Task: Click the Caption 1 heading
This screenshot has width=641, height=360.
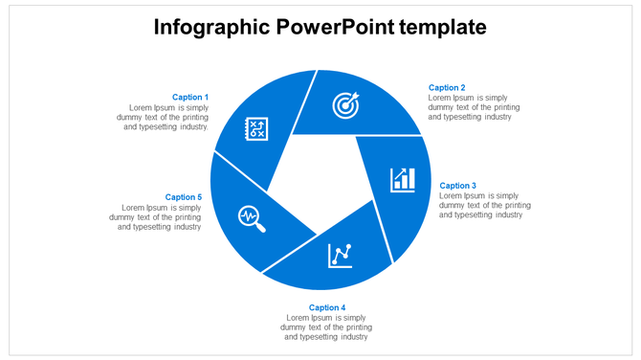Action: [x=189, y=97]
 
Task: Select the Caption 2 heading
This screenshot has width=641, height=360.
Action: [x=447, y=88]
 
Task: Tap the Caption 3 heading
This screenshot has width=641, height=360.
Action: [x=457, y=186]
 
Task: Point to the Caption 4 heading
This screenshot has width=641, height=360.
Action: [x=327, y=307]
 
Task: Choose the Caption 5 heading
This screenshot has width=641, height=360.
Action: [x=184, y=197]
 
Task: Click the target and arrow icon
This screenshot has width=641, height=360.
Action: [x=346, y=104]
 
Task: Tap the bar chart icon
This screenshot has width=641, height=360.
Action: [x=403, y=179]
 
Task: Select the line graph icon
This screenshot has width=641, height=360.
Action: [x=341, y=255]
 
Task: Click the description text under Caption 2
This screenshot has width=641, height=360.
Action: [x=474, y=107]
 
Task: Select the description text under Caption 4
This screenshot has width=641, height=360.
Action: [x=327, y=327]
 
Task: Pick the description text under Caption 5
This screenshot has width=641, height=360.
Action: [x=156, y=217]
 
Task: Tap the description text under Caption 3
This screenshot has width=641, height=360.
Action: [x=485, y=205]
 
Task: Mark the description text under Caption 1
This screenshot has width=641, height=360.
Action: [x=167, y=117]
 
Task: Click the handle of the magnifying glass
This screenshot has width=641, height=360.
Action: [x=260, y=227]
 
